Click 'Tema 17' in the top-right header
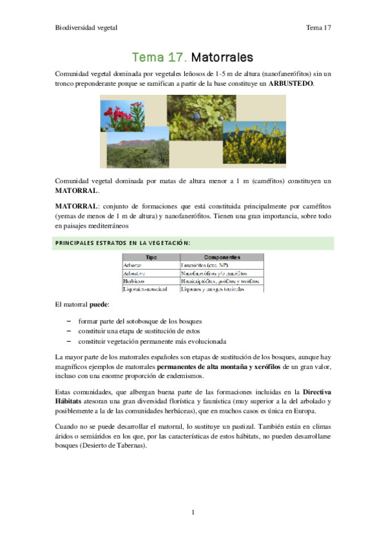coord(318,28)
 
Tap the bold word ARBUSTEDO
coord(291,85)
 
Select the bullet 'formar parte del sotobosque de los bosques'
coord(140,321)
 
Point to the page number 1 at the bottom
coord(193,512)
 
